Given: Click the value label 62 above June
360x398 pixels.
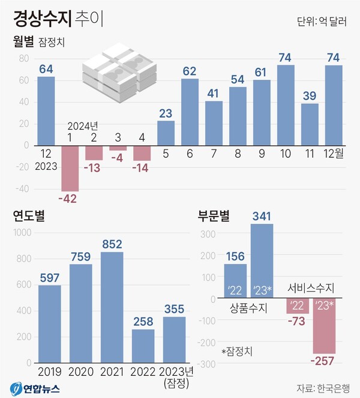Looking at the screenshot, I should pyautogui.click(x=190, y=71).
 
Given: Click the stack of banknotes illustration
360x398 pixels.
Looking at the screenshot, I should pyautogui.click(x=118, y=70).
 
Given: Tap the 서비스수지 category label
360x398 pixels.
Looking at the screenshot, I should pyautogui.click(x=311, y=288).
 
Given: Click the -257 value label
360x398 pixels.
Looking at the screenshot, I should pyautogui.click(x=323, y=361).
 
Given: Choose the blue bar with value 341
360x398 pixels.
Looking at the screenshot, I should pyautogui.click(x=262, y=261).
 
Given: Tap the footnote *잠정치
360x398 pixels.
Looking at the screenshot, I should pyautogui.click(x=237, y=351).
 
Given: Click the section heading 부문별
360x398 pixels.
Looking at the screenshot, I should pyautogui.click(x=215, y=216).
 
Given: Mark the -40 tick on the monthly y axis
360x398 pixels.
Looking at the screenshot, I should pyautogui.click(x=22, y=189).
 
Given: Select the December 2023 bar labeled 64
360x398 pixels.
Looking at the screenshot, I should pyautogui.click(x=46, y=110).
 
